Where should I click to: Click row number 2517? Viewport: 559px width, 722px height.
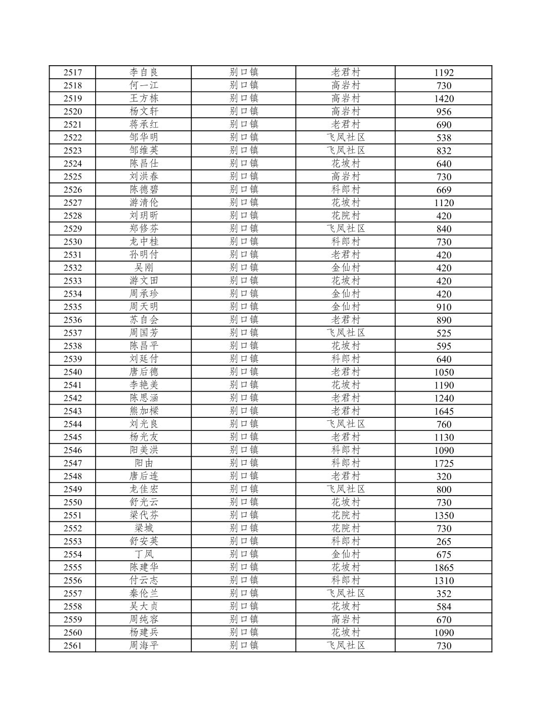coord(72,72)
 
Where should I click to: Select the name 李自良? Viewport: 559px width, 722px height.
coord(144,72)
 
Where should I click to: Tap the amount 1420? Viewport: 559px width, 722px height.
coord(444,99)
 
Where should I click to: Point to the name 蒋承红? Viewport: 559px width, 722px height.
coord(144,124)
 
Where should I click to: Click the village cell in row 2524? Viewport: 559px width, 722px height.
coord(346,164)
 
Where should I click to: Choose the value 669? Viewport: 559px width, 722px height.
coord(444,190)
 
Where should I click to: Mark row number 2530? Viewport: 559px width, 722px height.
coord(72,242)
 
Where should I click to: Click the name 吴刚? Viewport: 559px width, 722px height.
coord(144,268)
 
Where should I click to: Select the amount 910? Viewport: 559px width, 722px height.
coord(444,307)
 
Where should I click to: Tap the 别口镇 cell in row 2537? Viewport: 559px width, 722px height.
coord(244,333)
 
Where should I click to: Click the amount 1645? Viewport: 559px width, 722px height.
coord(444,411)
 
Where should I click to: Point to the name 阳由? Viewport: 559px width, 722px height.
coord(144,463)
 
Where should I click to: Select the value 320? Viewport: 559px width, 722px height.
coord(444,476)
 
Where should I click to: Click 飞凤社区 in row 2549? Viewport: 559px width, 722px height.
coord(346,490)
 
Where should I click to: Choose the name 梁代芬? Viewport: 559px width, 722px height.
coord(144,515)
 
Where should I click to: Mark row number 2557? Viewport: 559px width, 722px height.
coord(72,594)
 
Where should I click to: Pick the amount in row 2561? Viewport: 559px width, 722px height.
coord(444,646)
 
